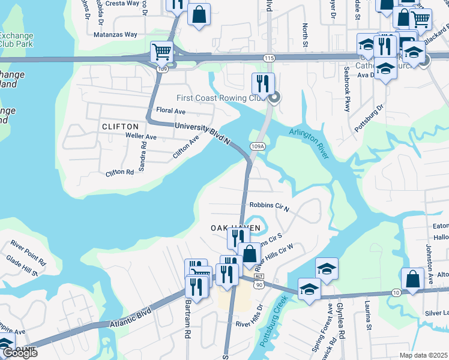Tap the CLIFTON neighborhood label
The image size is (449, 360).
click(x=120, y=127)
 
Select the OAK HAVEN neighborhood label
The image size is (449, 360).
click(x=235, y=228)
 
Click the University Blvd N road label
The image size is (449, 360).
click(x=203, y=133)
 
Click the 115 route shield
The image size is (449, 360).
click(x=268, y=57)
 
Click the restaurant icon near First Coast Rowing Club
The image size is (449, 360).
click(x=263, y=83)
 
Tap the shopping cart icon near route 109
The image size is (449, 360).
click(x=161, y=52)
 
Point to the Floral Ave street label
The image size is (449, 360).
click(x=170, y=111)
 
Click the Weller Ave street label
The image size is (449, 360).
click(x=141, y=137)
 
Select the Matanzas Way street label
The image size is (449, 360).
click(x=115, y=35)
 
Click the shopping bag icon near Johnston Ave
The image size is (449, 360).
click(x=412, y=278)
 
